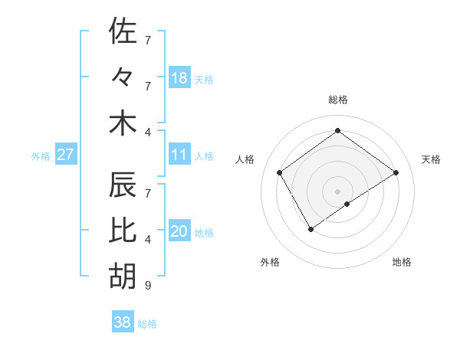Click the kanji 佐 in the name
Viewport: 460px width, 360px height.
[x=123, y=31]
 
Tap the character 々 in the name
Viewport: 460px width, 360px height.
[x=123, y=77]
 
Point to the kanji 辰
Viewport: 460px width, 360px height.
[x=123, y=185]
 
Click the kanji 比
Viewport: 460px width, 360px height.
[x=123, y=230]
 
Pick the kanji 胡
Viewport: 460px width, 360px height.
[x=123, y=276]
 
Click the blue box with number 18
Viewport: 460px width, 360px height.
[x=179, y=77]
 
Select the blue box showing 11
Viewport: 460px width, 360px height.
[x=179, y=155]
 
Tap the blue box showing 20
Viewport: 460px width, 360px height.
[x=179, y=231]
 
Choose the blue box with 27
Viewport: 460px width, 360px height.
[x=66, y=155]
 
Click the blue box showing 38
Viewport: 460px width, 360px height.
[x=123, y=322]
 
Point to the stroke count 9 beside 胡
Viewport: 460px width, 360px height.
[x=147, y=286]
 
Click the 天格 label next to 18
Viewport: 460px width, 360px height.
[x=204, y=79]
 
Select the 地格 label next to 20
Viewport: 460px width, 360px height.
[x=204, y=232]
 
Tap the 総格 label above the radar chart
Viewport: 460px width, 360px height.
[x=337, y=100]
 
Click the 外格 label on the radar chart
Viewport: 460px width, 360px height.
[x=270, y=263]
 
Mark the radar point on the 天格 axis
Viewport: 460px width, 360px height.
[x=396, y=172]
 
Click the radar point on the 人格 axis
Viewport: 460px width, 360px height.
[x=280, y=172]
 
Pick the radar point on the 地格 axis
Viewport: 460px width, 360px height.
[x=347, y=204]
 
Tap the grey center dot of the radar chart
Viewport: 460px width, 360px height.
[x=337, y=190]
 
